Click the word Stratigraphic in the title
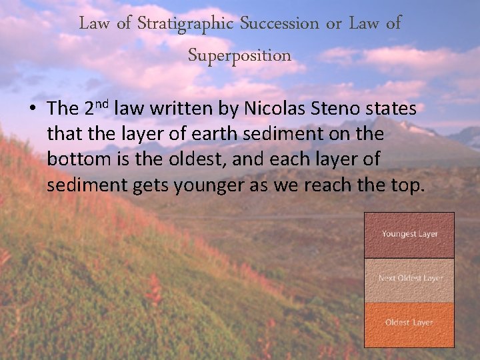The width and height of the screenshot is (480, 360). [x=185, y=24]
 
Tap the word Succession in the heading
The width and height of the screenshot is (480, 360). [x=279, y=24]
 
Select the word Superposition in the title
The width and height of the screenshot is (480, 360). [x=239, y=55]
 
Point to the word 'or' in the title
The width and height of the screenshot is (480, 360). [x=334, y=24]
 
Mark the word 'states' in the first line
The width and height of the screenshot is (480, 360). [x=395, y=108]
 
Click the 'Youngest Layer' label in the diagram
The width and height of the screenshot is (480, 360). [x=409, y=234]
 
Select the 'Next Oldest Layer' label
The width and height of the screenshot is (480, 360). [x=410, y=278]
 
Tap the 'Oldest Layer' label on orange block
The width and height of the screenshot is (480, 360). [x=409, y=323]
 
